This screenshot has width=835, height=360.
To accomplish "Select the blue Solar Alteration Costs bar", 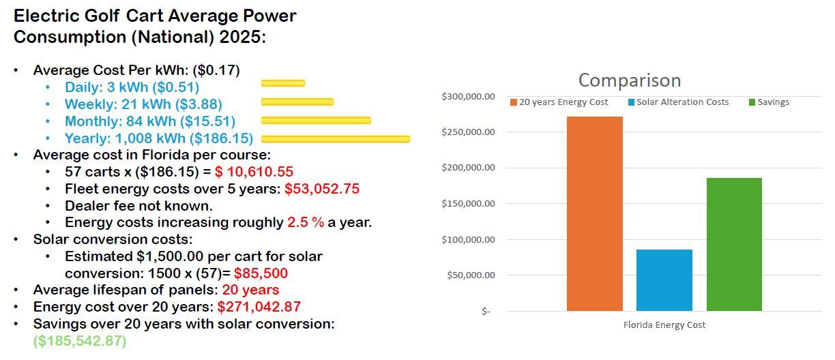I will pyautogui.click(x=664, y=280).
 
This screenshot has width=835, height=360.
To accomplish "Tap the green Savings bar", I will pyautogui.click(x=734, y=244).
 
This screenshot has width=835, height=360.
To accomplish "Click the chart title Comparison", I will pyautogui.click(x=630, y=80).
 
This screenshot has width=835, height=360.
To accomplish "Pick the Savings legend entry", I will pyautogui.click(x=769, y=102).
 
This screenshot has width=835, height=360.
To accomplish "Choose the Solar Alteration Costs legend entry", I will pyautogui.click(x=678, y=102).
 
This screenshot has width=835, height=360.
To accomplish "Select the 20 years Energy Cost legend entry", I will pyautogui.click(x=559, y=102).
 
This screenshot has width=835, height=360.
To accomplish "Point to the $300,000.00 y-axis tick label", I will pyautogui.click(x=468, y=97).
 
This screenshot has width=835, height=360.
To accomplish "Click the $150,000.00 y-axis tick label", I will pyautogui.click(x=468, y=204).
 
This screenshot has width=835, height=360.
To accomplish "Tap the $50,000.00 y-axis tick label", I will pyautogui.click(x=471, y=275).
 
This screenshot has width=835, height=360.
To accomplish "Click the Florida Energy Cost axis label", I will pyautogui.click(x=664, y=325).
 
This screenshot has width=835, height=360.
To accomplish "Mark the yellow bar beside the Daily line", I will pyautogui.click(x=283, y=83).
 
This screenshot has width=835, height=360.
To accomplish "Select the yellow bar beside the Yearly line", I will pyautogui.click(x=336, y=139).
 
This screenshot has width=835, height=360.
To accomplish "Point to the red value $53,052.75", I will pyautogui.click(x=322, y=189).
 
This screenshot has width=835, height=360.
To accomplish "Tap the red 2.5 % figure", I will pyautogui.click(x=306, y=222).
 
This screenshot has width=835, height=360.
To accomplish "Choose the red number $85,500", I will pyautogui.click(x=261, y=273).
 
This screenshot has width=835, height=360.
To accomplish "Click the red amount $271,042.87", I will pyautogui.click(x=259, y=307).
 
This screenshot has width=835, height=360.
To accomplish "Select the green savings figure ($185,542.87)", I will pyautogui.click(x=80, y=340).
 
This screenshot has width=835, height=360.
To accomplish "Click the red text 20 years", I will pyautogui.click(x=250, y=290).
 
